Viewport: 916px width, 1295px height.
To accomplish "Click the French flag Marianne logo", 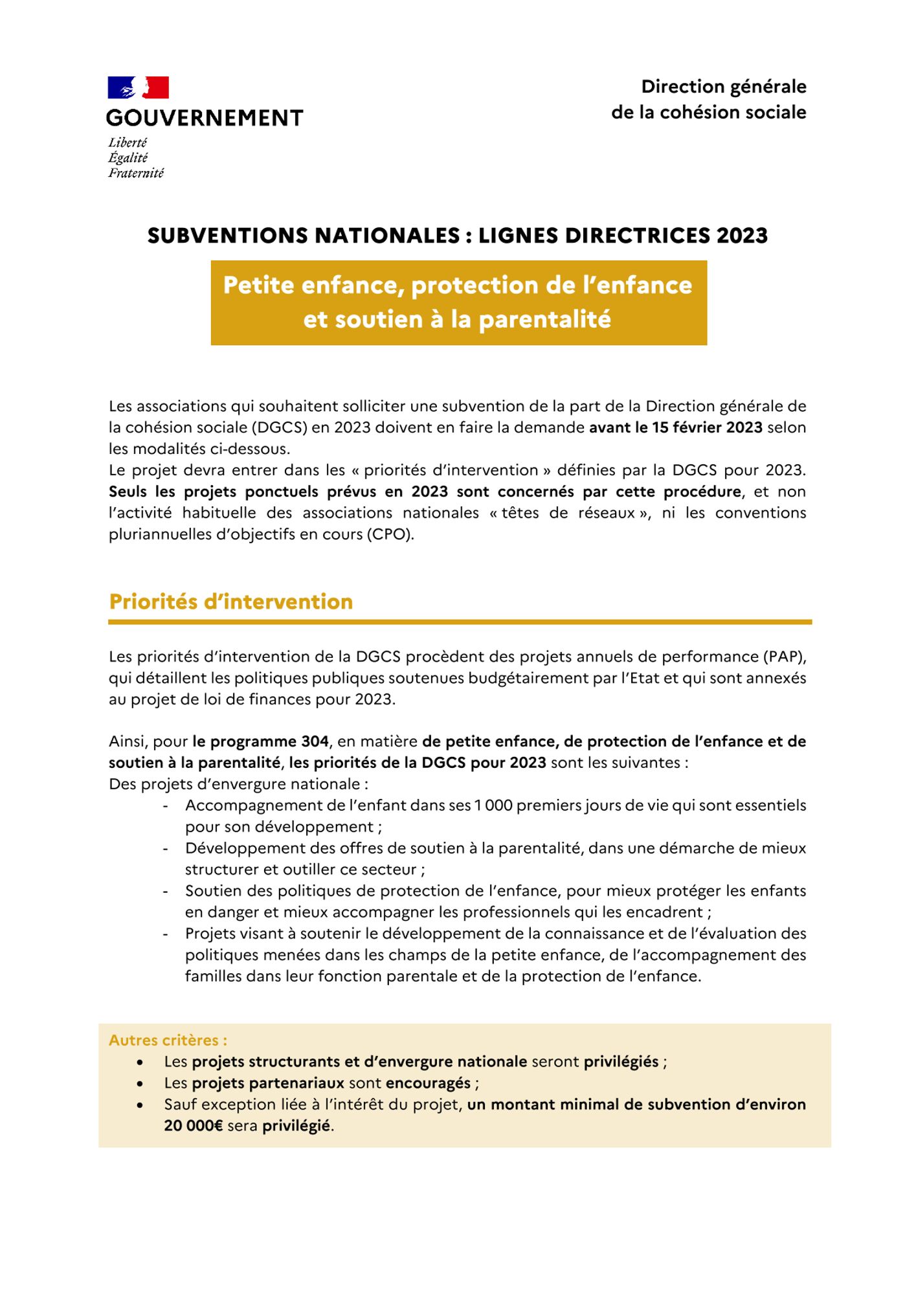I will pyautogui.click(x=138, y=87).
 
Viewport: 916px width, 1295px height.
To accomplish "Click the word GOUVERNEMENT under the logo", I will pyautogui.click(x=205, y=118).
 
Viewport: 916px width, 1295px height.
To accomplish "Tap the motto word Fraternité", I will pyautogui.click(x=136, y=173).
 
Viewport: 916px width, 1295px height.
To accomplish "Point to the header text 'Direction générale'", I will pyautogui.click(x=723, y=87).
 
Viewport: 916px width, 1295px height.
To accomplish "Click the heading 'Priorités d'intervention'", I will pyautogui.click(x=230, y=602).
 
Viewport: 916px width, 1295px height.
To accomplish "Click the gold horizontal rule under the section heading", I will pyautogui.click(x=460, y=622).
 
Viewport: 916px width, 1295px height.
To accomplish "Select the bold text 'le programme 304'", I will pyautogui.click(x=260, y=741).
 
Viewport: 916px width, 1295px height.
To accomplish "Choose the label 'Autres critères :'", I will pyautogui.click(x=168, y=1041).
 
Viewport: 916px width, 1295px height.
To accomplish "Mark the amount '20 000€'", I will pyautogui.click(x=193, y=1126).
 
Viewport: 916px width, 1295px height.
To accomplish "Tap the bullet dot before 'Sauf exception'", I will pyautogui.click(x=140, y=1105).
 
